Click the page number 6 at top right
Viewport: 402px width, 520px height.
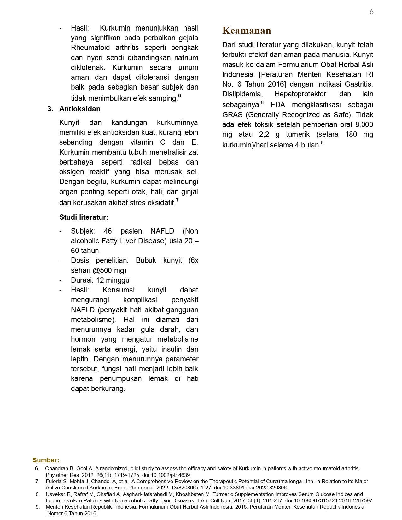point(371,12)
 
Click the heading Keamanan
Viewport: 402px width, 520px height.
point(247,31)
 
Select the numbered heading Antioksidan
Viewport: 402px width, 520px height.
point(80,109)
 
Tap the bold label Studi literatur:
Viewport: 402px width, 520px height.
point(84,217)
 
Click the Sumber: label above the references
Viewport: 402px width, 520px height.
point(46,460)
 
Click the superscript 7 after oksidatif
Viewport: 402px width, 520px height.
point(178,200)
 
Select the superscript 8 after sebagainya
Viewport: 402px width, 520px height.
point(262,102)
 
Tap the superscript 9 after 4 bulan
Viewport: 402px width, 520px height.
point(322,143)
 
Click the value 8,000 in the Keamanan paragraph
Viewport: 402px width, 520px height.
point(364,124)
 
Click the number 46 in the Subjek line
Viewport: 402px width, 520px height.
point(108,231)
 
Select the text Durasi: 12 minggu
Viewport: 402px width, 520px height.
point(100,280)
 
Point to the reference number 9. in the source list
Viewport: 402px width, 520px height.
point(38,507)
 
